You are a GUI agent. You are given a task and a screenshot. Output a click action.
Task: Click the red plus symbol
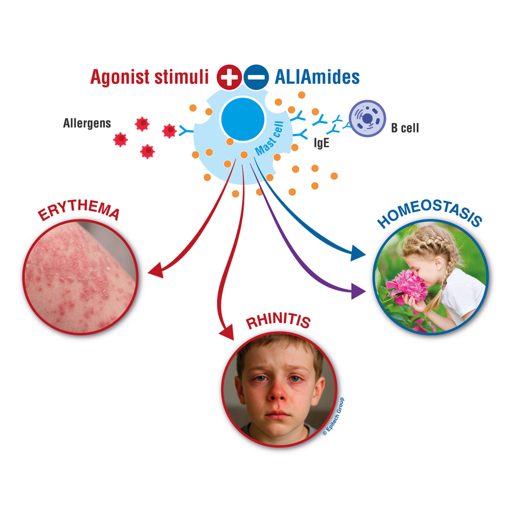pos(229,77)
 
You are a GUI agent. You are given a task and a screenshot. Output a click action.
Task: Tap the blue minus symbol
pos(257,77)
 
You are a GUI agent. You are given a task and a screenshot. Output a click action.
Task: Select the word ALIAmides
pos(317,77)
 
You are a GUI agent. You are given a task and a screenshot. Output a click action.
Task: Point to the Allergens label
pos(87,123)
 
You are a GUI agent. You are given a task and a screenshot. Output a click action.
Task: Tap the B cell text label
pos(405,128)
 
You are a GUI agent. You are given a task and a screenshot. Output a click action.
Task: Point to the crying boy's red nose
pos(277,393)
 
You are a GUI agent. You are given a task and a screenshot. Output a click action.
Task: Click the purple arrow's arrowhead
pos(358,290)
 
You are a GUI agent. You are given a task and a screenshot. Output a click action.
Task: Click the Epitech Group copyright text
pos(333,417)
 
